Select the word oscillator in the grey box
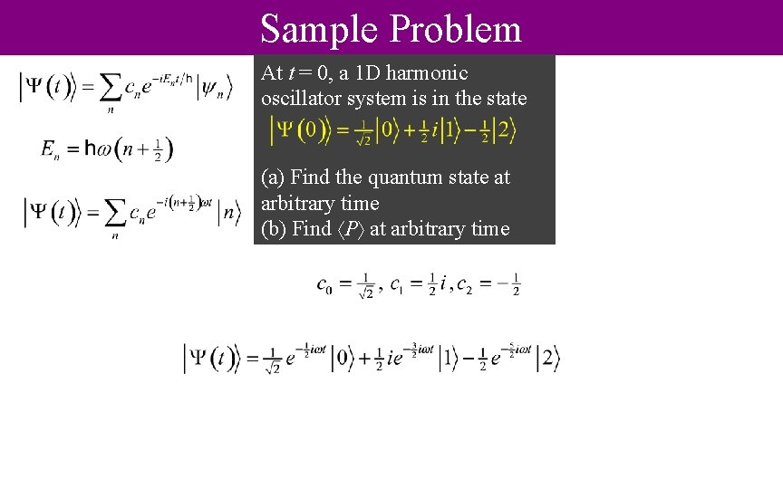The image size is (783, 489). point(303,98)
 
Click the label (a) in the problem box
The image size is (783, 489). point(273,177)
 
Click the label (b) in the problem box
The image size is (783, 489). point(273,229)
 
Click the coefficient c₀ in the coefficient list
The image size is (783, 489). point(324,285)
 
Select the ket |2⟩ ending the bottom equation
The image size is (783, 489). point(548,359)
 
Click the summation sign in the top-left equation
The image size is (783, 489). point(110,89)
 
